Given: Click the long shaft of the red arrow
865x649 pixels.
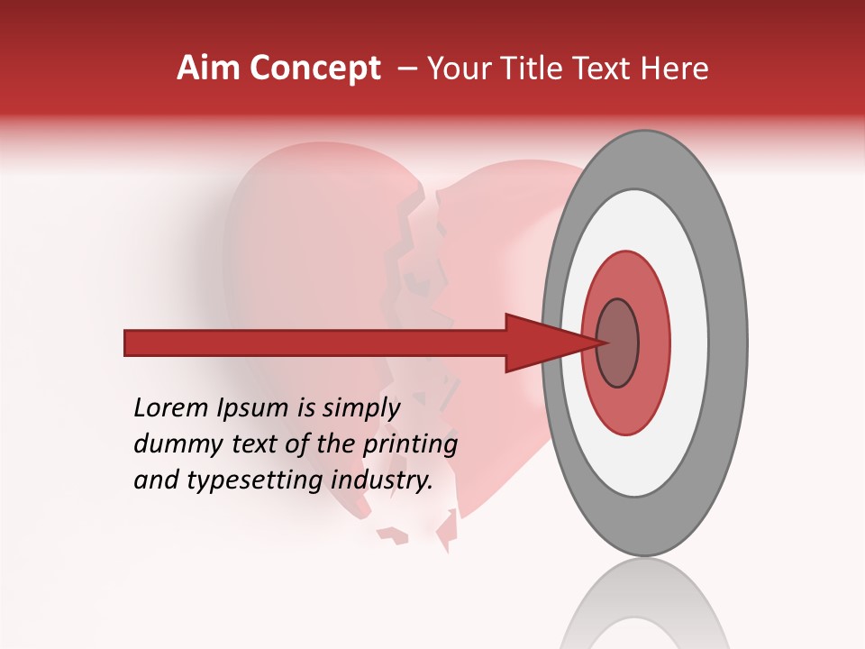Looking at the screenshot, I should click(315, 343).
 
